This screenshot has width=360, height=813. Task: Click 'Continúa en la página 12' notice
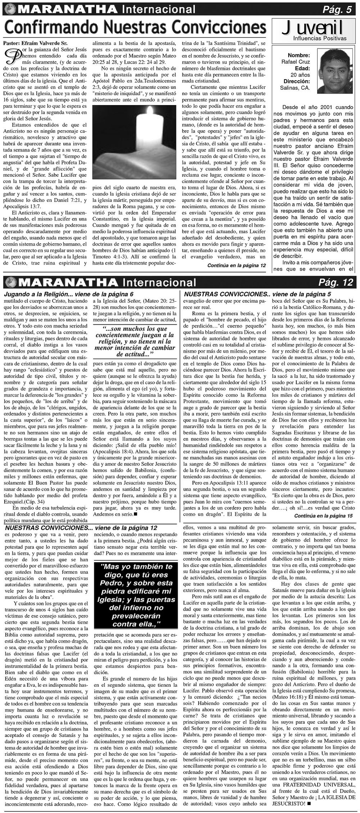(237, 265)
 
